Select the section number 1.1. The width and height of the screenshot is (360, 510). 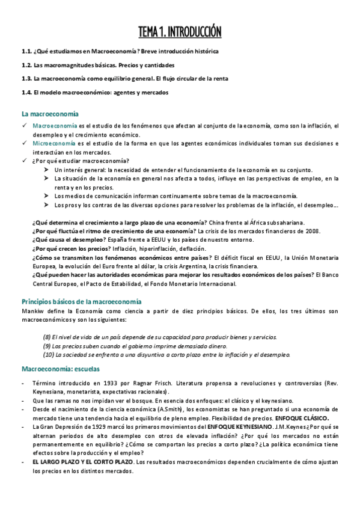pos(26,52)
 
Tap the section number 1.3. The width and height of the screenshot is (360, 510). pos(26,79)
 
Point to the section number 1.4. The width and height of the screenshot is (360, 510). pos(26,92)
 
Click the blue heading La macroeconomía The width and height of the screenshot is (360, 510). pos(50,113)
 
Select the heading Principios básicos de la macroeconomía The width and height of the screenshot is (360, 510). pos(81,301)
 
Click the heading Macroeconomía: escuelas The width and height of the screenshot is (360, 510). pos(60,368)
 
